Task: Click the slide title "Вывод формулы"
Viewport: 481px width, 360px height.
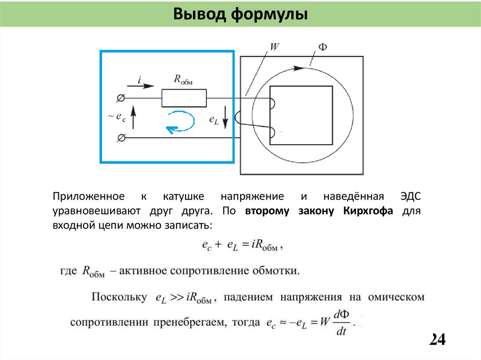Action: (240, 14)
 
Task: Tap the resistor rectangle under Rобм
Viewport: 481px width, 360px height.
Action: (184, 98)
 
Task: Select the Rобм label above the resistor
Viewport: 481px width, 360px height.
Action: (183, 80)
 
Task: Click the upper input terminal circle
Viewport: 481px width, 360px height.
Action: (120, 98)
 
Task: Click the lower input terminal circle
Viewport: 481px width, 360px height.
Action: (120, 138)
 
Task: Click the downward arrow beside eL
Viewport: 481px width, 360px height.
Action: (225, 117)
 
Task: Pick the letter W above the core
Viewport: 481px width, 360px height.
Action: (275, 47)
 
